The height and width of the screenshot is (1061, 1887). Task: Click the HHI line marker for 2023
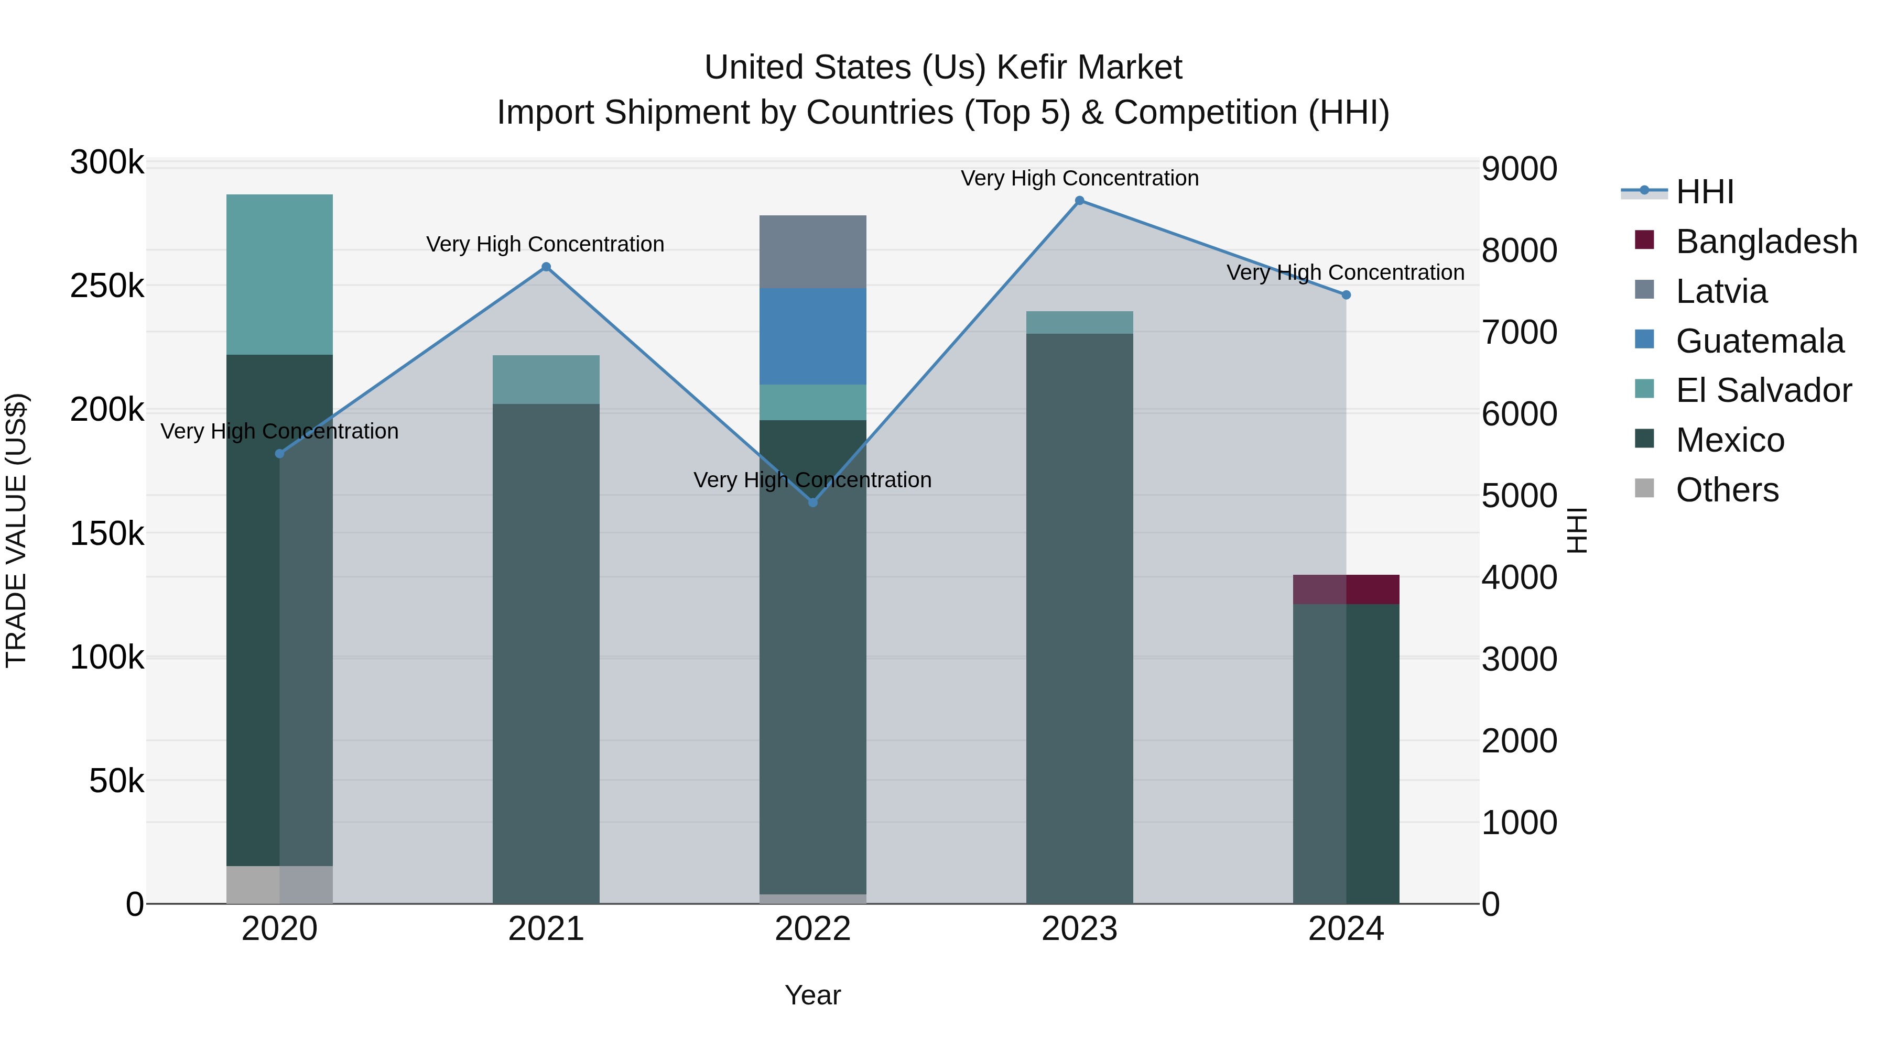[x=1079, y=201]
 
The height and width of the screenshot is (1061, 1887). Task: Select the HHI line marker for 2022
[x=812, y=502]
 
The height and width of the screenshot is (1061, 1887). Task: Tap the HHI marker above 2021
[x=546, y=267]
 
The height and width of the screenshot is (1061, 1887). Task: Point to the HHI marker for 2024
[x=1346, y=295]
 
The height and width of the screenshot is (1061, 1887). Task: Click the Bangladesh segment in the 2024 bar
[x=1346, y=589]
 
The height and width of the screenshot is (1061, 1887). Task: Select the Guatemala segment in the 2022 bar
[x=812, y=336]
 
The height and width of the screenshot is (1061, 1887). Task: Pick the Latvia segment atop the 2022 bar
[x=812, y=251]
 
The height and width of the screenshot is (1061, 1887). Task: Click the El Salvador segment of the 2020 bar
[x=279, y=275]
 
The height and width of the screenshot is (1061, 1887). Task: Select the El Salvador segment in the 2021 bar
[x=546, y=379]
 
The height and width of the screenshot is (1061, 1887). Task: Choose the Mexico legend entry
[x=1730, y=440]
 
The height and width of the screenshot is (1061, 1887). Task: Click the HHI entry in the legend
[x=1704, y=192]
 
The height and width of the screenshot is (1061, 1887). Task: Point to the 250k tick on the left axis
[x=107, y=286]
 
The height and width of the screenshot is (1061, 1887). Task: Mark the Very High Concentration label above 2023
[x=1079, y=178]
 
